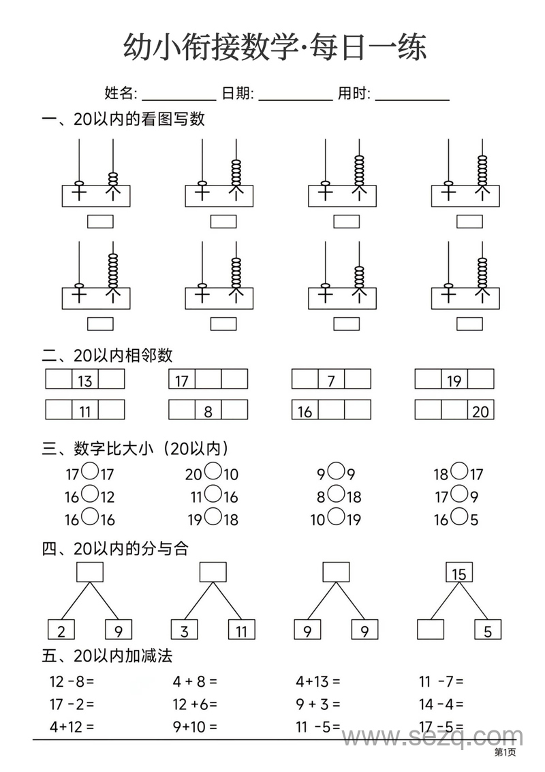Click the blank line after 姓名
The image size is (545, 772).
click(178, 95)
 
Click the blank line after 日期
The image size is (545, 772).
click(296, 95)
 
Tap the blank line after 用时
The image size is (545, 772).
click(412, 95)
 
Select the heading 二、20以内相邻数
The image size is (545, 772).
click(107, 355)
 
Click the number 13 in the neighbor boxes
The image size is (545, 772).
click(85, 380)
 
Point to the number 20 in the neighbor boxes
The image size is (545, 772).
click(480, 411)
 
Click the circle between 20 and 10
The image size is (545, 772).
click(213, 471)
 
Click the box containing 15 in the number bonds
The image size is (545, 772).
click(459, 573)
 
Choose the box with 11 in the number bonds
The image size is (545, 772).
click(241, 630)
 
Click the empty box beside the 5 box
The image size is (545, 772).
click(431, 630)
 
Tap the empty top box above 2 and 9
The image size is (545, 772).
click(89, 572)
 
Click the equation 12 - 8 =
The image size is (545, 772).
click(72, 681)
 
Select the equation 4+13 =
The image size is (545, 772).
click(318, 681)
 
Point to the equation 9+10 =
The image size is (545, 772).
click(195, 727)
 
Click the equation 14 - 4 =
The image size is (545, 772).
click(441, 704)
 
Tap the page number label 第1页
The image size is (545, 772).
click(505, 752)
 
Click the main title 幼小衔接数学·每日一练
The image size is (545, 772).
click(275, 48)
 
